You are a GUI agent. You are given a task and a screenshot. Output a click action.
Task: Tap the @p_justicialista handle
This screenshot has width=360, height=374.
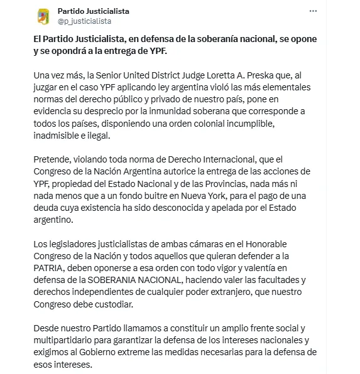[84, 21]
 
